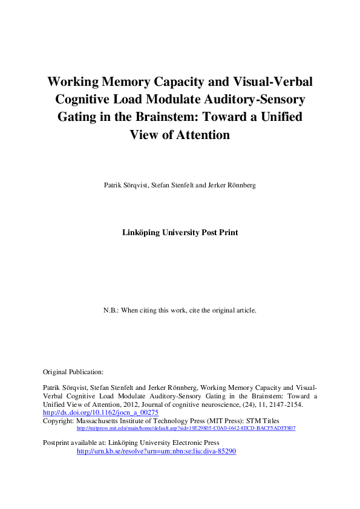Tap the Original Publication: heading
73,372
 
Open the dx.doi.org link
100,412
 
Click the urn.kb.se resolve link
155,451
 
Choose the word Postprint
59,443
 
